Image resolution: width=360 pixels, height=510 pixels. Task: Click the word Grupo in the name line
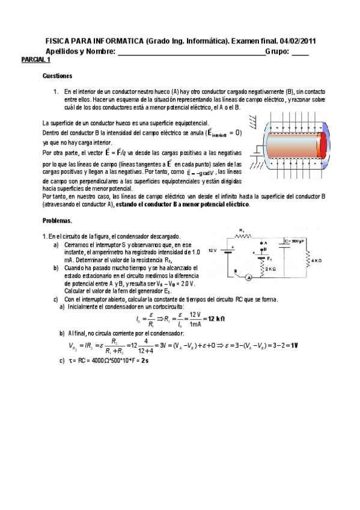coord(277,52)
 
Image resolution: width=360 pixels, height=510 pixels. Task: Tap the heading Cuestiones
coord(58,76)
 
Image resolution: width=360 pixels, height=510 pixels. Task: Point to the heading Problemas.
coord(58,221)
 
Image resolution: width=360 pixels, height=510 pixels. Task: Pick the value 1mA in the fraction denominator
coord(192,323)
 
